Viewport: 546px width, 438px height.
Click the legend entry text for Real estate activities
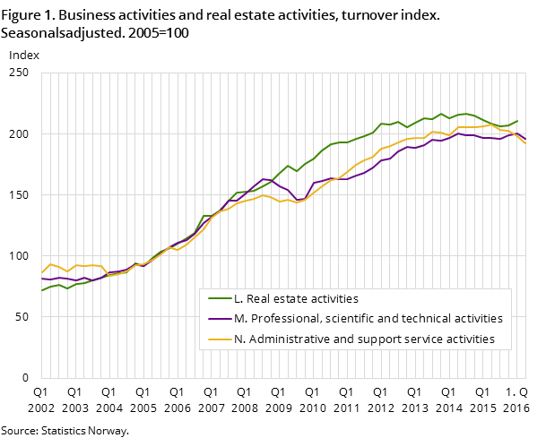296,298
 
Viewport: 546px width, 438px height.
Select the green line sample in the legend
219,298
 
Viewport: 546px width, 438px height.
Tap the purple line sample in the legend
219,318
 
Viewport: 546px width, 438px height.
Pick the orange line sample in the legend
219,339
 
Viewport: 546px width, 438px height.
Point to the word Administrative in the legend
291,339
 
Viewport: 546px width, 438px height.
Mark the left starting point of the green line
41,290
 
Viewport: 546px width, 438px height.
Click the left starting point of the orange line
41,272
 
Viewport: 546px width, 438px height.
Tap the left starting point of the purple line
41,279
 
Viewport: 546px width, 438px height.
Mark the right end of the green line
517,121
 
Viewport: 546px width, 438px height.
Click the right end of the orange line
525,143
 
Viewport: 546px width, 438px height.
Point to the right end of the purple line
525,139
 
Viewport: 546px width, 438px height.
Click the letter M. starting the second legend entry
239,318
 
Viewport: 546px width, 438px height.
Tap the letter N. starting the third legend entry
238,339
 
